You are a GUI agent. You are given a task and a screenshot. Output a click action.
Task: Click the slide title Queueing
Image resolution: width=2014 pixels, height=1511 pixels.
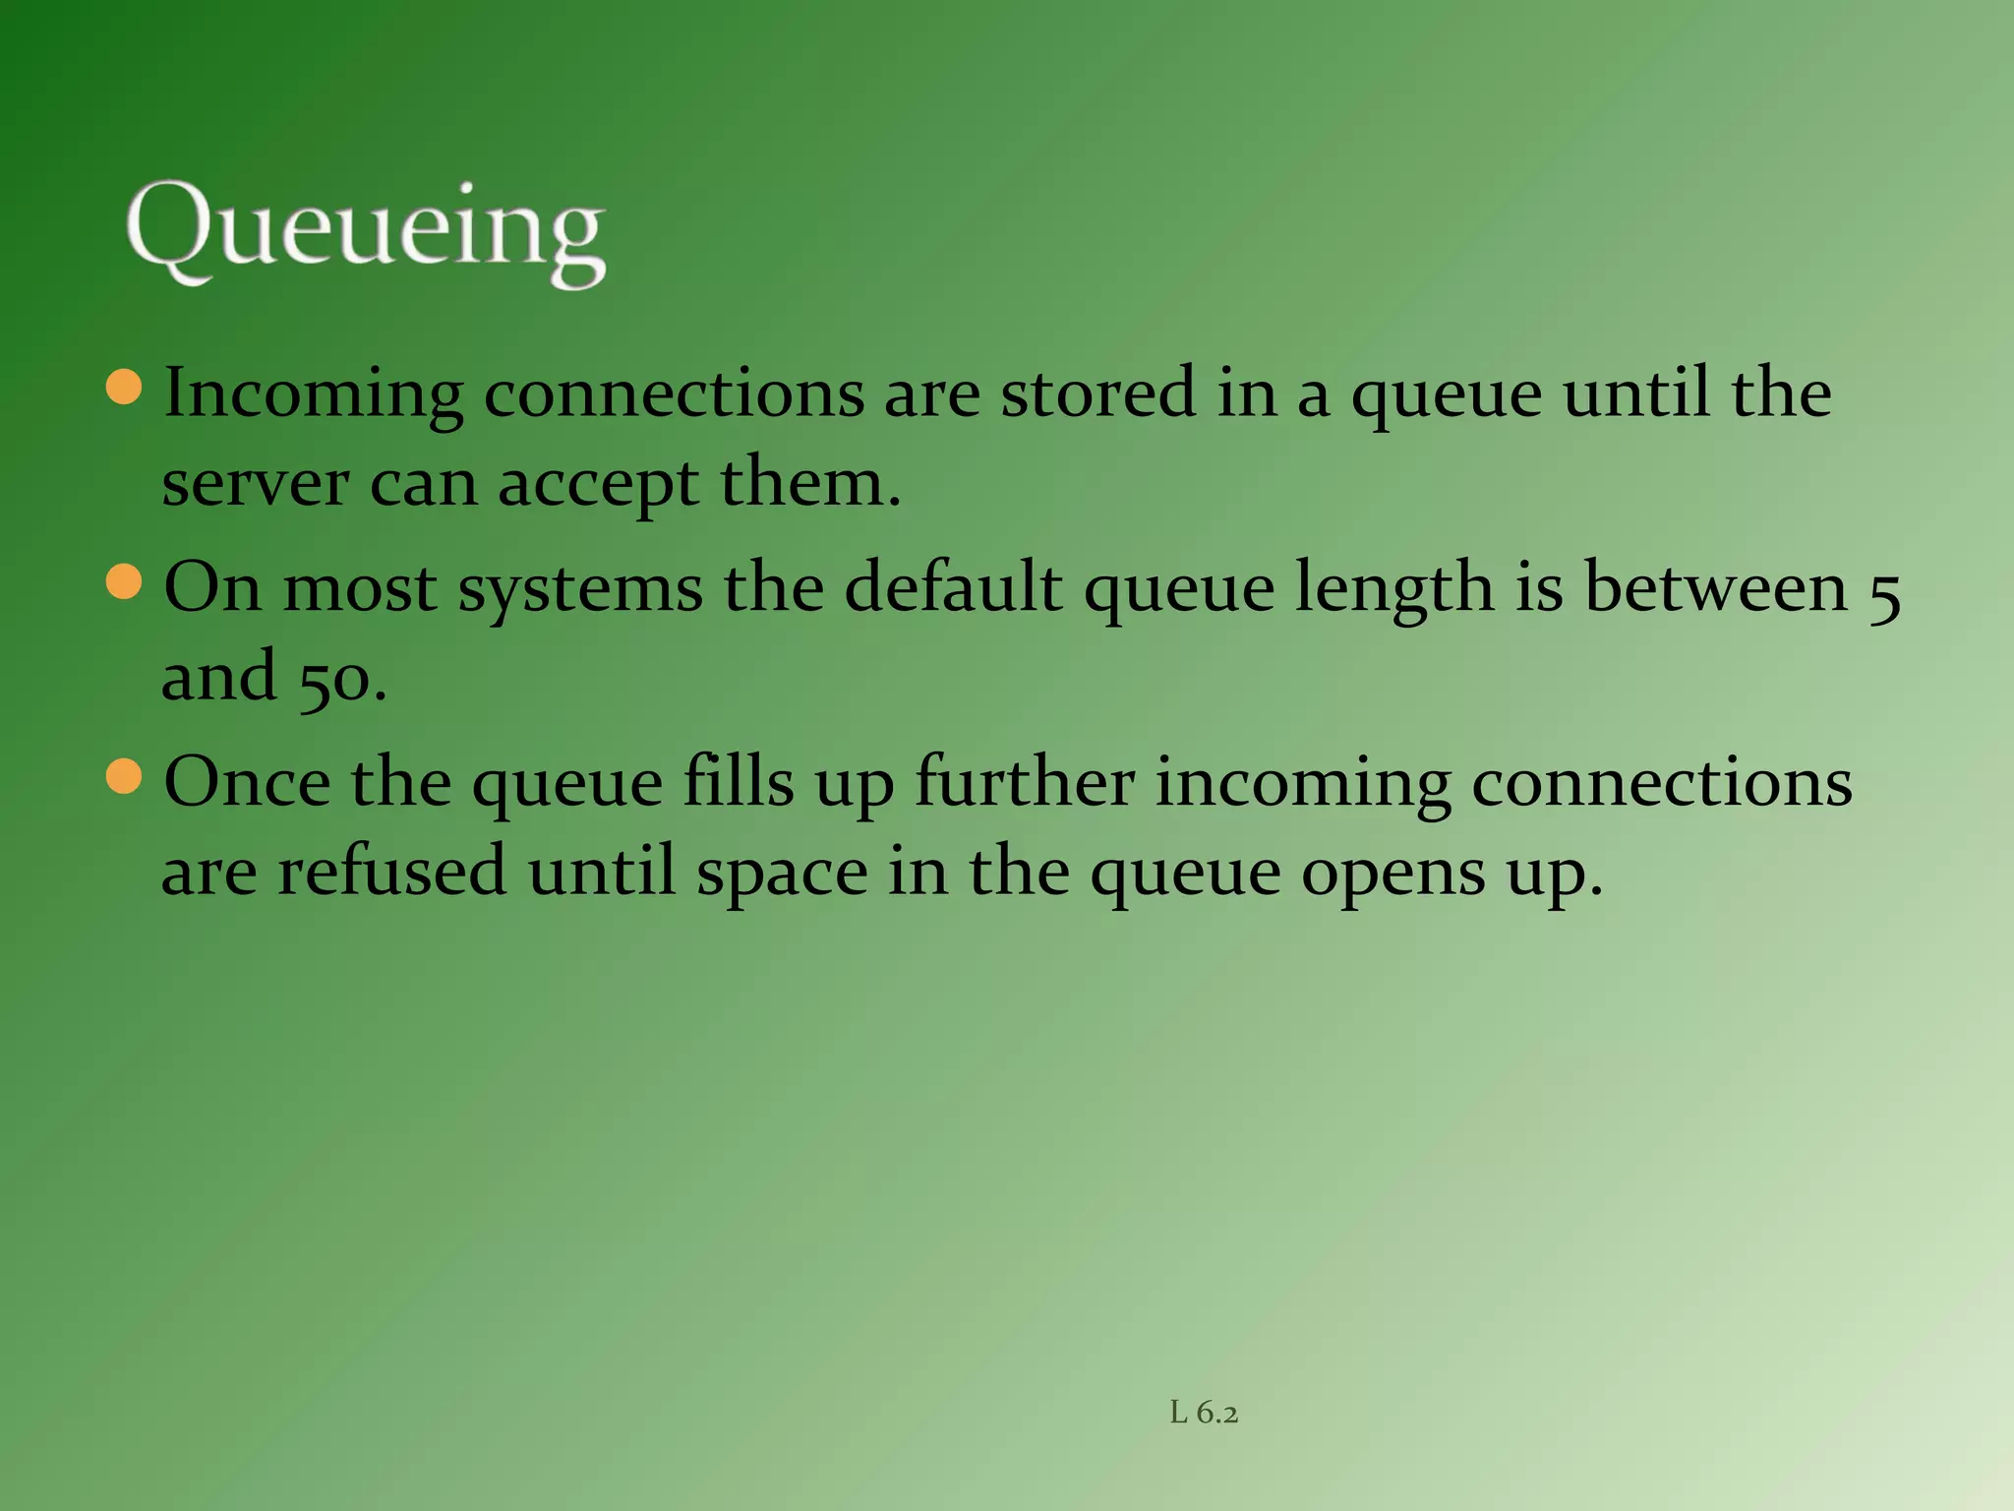(x=365, y=233)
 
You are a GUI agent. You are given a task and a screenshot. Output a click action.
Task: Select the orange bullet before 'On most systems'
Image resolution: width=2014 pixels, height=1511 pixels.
(x=124, y=580)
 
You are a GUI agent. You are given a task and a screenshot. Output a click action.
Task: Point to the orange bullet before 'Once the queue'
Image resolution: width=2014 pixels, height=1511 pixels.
(x=124, y=775)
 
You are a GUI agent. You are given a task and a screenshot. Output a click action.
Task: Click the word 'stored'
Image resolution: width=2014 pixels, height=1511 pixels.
(x=1098, y=393)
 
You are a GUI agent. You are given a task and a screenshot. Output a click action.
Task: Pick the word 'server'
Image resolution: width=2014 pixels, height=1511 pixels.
(x=255, y=485)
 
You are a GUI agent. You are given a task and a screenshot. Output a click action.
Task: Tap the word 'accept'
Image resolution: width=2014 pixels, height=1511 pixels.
(x=598, y=485)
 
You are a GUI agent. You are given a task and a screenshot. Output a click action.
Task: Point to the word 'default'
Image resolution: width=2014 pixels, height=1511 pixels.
(x=953, y=588)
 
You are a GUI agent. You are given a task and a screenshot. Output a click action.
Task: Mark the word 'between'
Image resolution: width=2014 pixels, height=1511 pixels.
(x=1716, y=588)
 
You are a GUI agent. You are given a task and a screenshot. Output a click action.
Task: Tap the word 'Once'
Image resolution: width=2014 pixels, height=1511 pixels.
(x=247, y=783)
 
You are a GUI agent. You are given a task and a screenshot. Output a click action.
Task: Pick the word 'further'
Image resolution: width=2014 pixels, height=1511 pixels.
(x=1025, y=783)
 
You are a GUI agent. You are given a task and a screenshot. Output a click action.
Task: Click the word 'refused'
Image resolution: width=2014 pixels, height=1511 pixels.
(x=391, y=873)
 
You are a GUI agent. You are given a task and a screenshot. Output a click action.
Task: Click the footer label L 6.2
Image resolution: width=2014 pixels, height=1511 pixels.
(x=1204, y=1414)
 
